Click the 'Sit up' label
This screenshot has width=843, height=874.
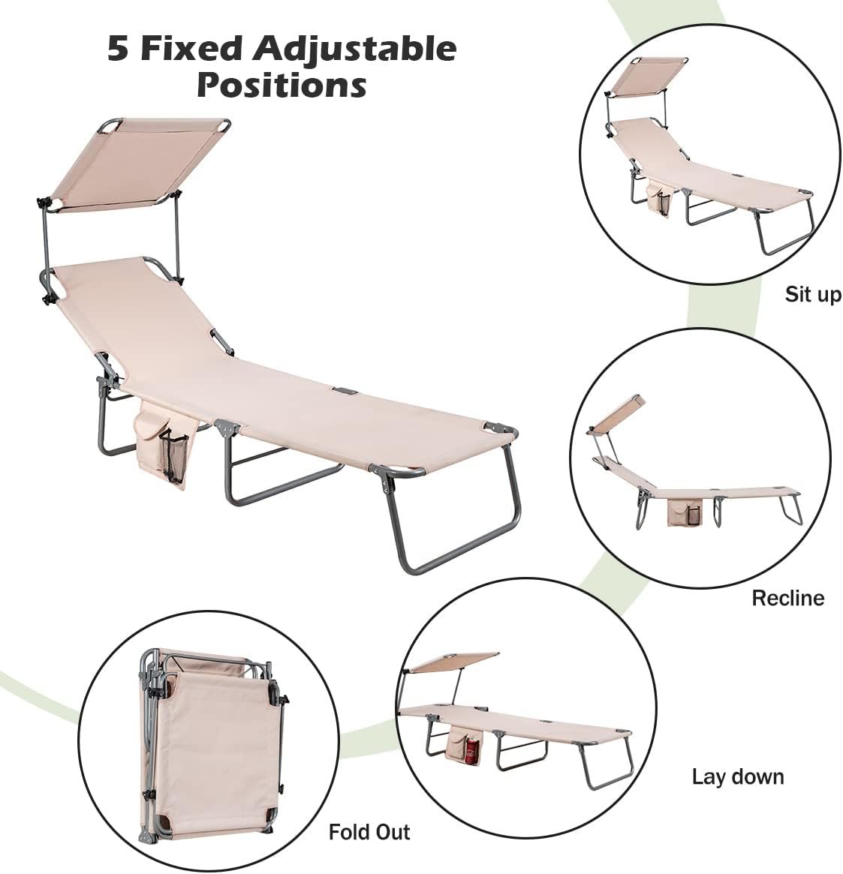coord(813,294)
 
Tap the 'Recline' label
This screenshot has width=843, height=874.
coord(787,598)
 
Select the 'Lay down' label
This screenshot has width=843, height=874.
coord(738,776)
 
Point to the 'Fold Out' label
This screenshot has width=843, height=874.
coord(369,832)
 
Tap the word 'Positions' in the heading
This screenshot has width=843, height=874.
coord(282,85)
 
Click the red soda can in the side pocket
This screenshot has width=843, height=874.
coord(472,750)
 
